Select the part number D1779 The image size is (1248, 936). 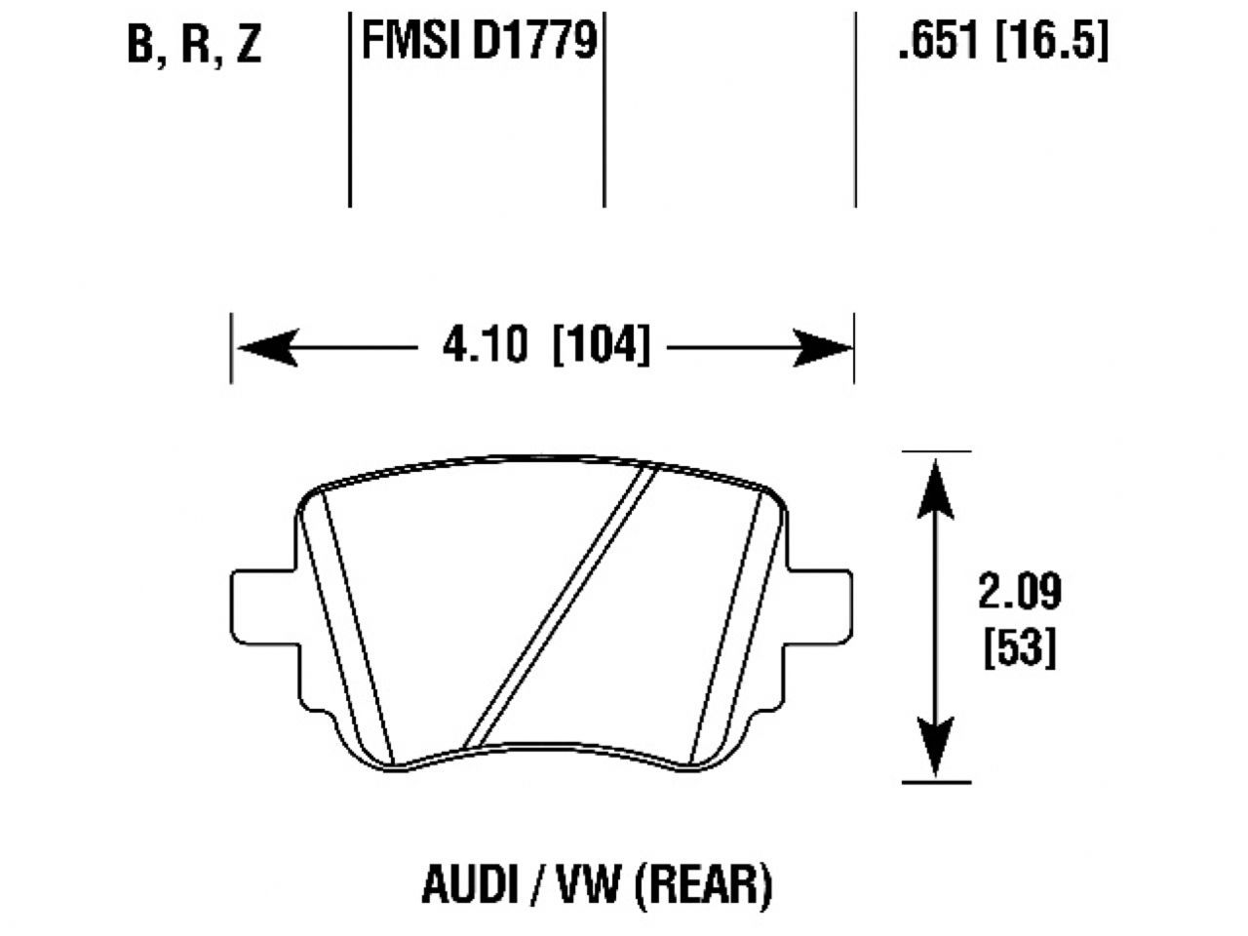pos(535,42)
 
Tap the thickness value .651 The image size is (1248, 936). pos(937,42)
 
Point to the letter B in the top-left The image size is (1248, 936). pos(141,46)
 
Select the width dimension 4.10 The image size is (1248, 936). pos(485,346)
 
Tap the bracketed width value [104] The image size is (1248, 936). pos(601,346)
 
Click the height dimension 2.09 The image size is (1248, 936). pos(1019,592)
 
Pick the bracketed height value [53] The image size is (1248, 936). pos(1019,648)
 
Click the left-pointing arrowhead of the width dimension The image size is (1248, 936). pos(266,347)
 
